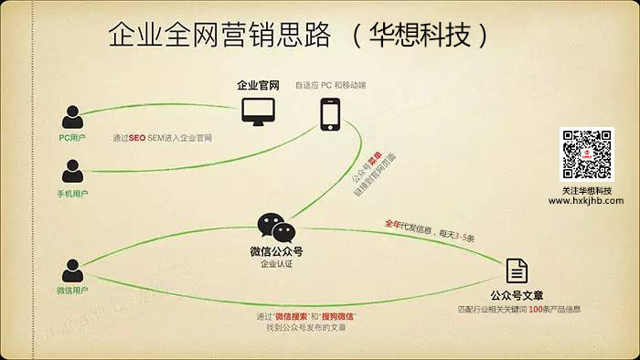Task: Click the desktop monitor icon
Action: (x=257, y=111)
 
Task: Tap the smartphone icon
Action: (x=331, y=114)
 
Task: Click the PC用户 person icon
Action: (x=71, y=117)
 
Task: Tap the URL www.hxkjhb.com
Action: (x=586, y=201)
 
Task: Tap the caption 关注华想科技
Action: (x=586, y=190)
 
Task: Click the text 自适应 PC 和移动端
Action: (x=330, y=85)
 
